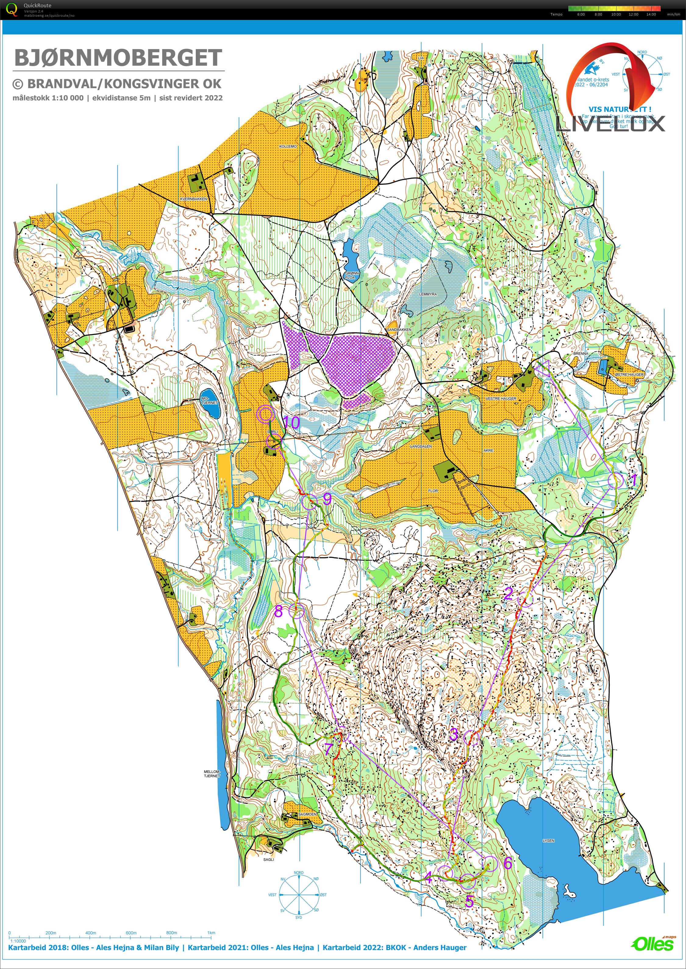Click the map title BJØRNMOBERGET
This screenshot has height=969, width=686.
118,58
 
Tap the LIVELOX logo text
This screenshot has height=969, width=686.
610,124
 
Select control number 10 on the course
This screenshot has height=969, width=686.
291,422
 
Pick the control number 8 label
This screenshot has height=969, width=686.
278,611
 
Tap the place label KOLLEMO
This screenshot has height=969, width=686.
288,146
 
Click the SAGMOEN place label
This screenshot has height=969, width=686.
307,814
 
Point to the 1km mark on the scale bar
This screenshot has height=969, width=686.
211,932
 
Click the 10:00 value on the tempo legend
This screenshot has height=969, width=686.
616,14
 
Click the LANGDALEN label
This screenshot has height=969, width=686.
421,446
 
